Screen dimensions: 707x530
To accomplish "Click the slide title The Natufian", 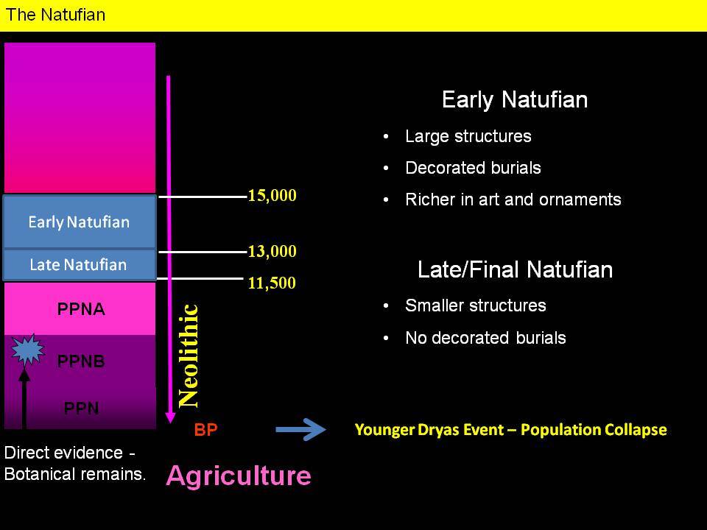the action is [55, 15].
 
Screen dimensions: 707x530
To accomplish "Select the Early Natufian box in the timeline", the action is [80, 222].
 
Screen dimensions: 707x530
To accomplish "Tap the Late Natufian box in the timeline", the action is [80, 265].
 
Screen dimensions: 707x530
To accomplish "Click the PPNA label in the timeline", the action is [81, 309].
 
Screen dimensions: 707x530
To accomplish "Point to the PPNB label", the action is [81, 361].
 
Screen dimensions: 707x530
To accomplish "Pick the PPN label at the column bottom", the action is [81, 408].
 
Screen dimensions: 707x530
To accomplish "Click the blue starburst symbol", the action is [28, 350].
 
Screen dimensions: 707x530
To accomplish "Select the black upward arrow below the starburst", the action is [24, 398].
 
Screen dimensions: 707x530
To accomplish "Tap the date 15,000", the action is [272, 195].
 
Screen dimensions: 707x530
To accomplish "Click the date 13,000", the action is [272, 251].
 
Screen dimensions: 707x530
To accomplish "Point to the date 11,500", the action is [272, 283].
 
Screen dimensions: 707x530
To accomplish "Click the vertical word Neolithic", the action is [188, 356].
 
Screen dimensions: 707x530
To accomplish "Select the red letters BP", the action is [205, 429].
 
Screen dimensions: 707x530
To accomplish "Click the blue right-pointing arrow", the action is [300, 429].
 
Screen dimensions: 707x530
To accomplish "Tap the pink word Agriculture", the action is [239, 476].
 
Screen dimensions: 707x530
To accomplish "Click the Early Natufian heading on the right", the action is [515, 99].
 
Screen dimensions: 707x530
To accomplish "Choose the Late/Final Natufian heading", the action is [515, 269].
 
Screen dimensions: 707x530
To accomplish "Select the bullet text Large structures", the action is [468, 137].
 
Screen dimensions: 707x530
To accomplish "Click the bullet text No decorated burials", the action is [485, 338].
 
